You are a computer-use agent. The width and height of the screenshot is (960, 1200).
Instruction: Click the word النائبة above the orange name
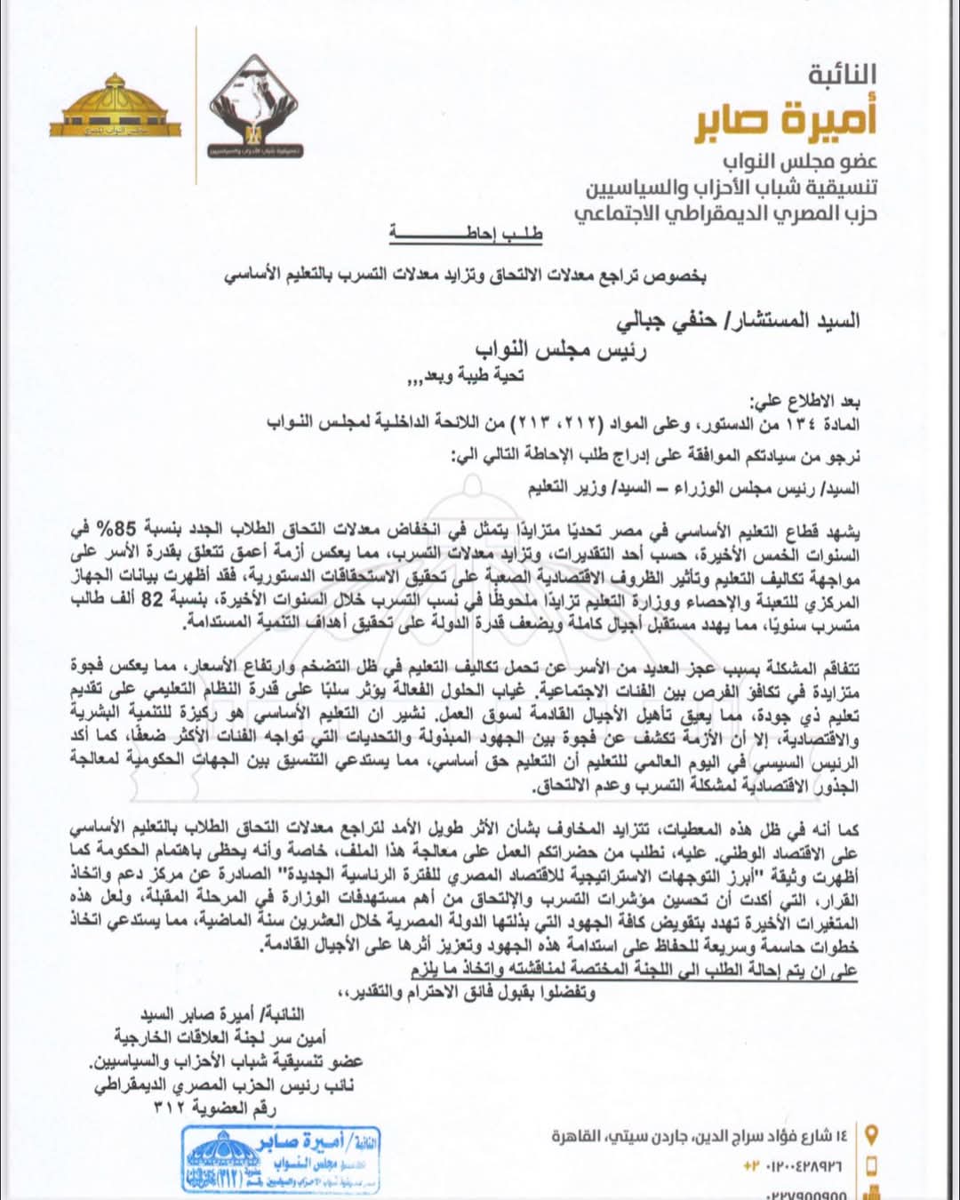(842, 76)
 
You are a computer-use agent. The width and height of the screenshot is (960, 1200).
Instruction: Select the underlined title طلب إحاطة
(465, 235)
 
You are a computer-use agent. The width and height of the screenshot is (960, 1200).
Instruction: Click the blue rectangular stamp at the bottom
(281, 1158)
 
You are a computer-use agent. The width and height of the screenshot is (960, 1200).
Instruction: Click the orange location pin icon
(871, 1135)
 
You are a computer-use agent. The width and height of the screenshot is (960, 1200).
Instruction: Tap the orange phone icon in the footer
(871, 1165)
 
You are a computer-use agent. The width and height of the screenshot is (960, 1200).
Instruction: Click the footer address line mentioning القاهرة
(700, 1136)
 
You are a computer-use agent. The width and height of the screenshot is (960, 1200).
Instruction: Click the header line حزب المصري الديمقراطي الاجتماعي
(725, 214)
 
